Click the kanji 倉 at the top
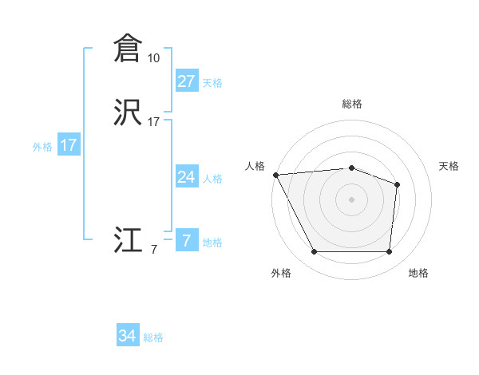pyautogui.click(x=127, y=49)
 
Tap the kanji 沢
pyautogui.click(x=127, y=113)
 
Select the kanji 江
pyautogui.click(x=127, y=241)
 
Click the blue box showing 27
pyautogui.click(x=186, y=81)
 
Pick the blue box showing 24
pyautogui.click(x=186, y=177)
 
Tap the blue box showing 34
pyautogui.click(x=128, y=337)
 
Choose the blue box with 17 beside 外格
pyautogui.click(x=68, y=145)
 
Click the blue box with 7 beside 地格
pyautogui.click(x=186, y=241)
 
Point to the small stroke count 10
pyautogui.click(x=153, y=58)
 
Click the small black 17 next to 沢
pyautogui.click(x=153, y=122)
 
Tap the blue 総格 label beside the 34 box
pyautogui.click(x=153, y=337)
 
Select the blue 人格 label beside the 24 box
pyautogui.click(x=212, y=178)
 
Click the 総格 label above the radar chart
pyautogui.click(x=351, y=104)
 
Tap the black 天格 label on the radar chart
pyautogui.click(x=449, y=166)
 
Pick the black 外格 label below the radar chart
pyautogui.click(x=281, y=273)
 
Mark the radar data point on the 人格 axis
pyautogui.click(x=275, y=174)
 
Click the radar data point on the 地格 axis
pyautogui.click(x=389, y=252)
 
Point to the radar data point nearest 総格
pyautogui.click(x=351, y=168)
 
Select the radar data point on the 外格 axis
pyautogui.click(x=314, y=252)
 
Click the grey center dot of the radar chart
pyautogui.click(x=351, y=199)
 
